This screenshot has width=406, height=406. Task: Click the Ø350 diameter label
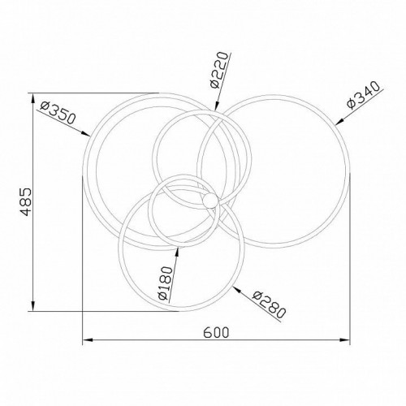[x=57, y=112]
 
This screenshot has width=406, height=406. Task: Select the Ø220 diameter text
[x=219, y=70]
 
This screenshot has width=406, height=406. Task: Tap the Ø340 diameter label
[x=365, y=95]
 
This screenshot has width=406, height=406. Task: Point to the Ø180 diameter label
[x=166, y=283]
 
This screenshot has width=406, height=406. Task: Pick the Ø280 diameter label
[x=269, y=304]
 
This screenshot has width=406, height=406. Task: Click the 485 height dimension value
[x=26, y=202]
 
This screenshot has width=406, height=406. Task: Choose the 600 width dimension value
[x=216, y=332]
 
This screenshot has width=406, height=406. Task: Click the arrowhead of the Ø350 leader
[x=85, y=133]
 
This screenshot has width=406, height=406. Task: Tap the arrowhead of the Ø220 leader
[x=216, y=106]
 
